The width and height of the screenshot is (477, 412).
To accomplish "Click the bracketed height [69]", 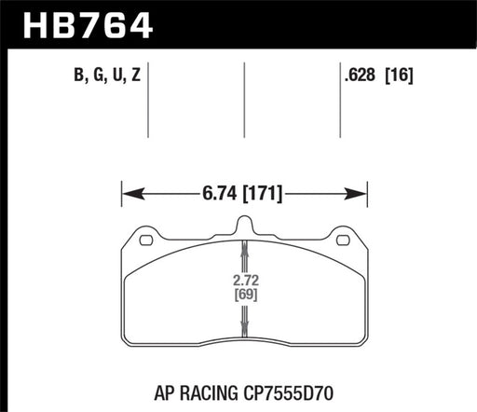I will pos(245,295).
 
